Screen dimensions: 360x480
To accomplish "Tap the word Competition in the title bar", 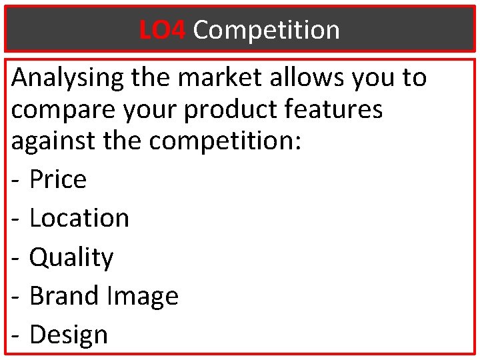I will [x=267, y=30].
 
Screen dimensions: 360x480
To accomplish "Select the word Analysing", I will [x=67, y=78].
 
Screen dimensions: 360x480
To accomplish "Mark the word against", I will [x=53, y=141].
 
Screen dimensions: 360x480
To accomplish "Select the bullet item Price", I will [x=58, y=179].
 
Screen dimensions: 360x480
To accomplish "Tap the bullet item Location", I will [x=79, y=218].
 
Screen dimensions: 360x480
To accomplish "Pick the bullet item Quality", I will [x=71, y=257].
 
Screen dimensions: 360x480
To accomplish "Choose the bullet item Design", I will [x=69, y=334].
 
